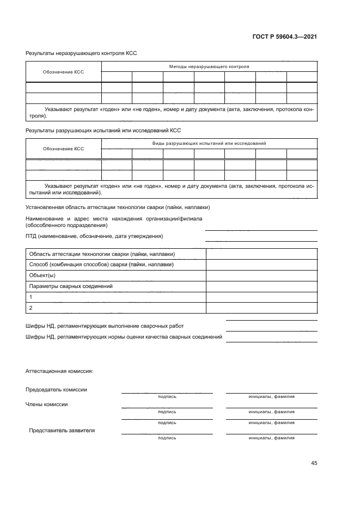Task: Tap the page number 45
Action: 314,463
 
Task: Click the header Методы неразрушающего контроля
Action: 209,67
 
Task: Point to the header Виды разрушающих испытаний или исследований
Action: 209,143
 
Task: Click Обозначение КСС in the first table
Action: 64,72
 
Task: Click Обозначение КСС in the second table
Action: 64,148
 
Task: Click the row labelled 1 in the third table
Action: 31,297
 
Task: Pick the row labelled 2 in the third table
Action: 31,308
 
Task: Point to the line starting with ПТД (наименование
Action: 94,236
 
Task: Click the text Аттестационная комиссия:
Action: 59,371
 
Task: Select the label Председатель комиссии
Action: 56,389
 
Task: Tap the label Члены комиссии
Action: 47,404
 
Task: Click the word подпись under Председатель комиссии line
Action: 167,397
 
